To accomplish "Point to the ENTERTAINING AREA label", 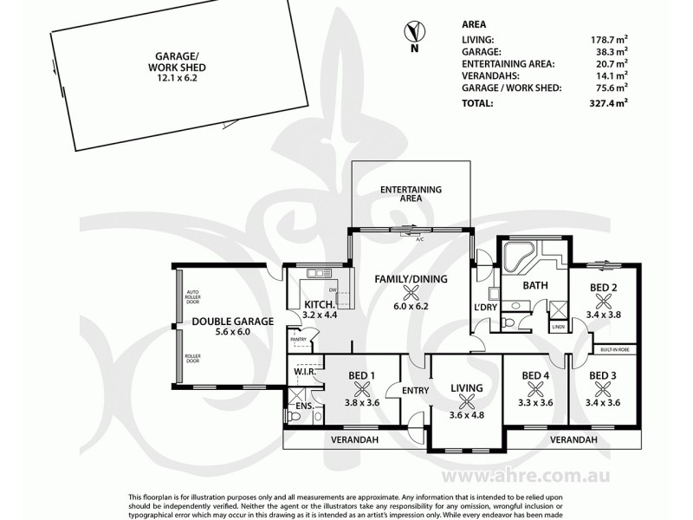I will (411, 193).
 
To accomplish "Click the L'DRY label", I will (486, 309).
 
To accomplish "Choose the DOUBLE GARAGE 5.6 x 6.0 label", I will (232, 326).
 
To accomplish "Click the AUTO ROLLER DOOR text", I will (193, 296).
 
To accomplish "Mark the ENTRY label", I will (416, 391).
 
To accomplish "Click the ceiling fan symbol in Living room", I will (467, 400).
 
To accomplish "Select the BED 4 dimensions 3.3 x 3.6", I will (534, 402).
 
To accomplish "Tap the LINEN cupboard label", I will (558, 327).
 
